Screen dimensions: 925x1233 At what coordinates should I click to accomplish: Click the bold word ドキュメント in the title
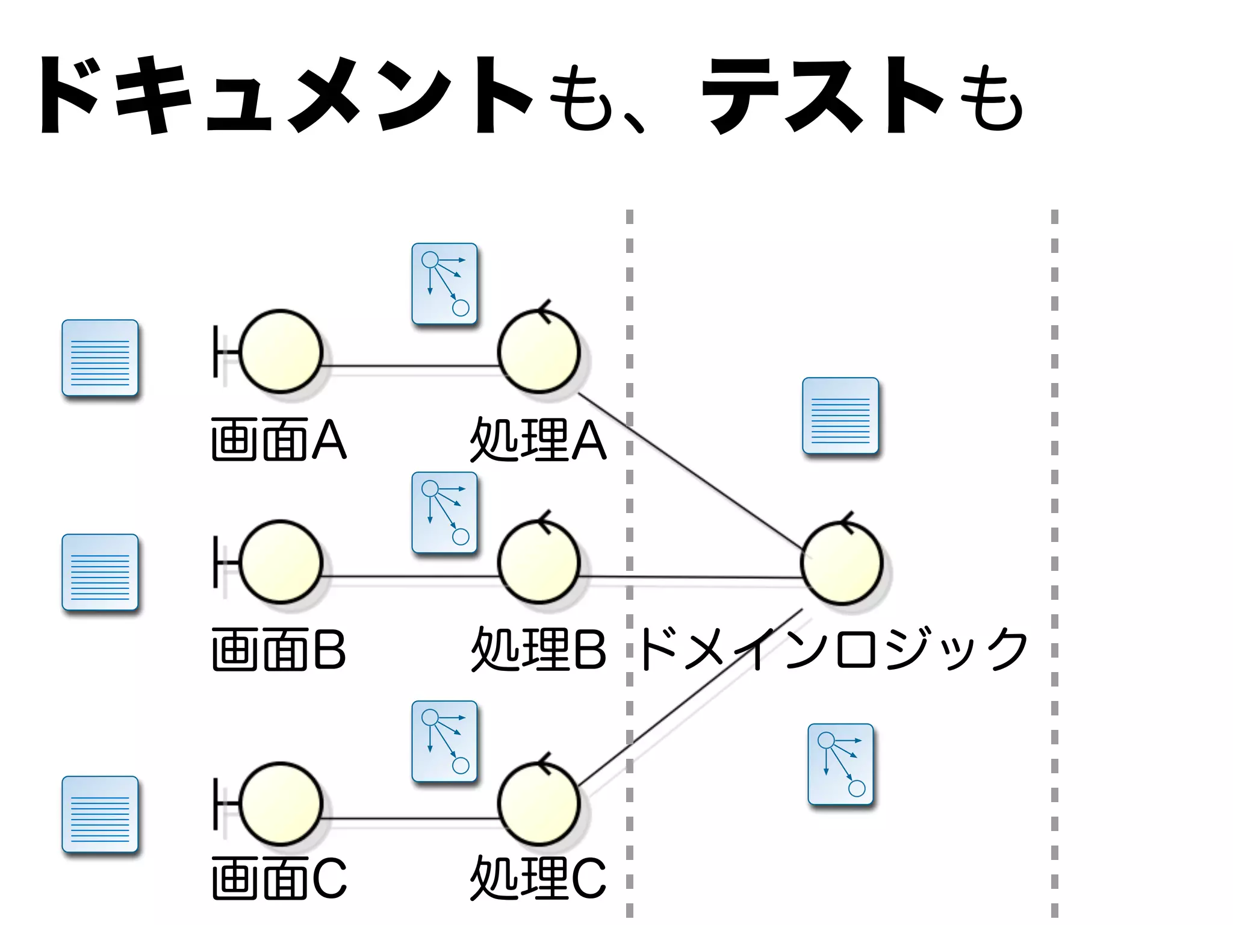pyautogui.click(x=283, y=96)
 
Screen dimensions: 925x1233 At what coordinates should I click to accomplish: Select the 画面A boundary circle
pyautogui.click(x=281, y=352)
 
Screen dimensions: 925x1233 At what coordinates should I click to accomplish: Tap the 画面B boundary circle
pyautogui.click(x=281, y=562)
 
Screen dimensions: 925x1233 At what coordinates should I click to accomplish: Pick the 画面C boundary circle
pyautogui.click(x=281, y=803)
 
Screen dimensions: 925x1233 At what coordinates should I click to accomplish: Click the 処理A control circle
pyautogui.click(x=539, y=352)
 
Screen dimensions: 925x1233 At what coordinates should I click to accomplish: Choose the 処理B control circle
pyautogui.click(x=539, y=562)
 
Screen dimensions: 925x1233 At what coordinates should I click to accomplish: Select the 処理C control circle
pyautogui.click(x=539, y=803)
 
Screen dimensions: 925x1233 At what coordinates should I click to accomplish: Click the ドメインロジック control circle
pyautogui.click(x=842, y=562)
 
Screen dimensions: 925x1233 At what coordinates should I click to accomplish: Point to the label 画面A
pyautogui.click(x=278, y=440)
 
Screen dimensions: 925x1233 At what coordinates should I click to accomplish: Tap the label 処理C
pyautogui.click(x=538, y=878)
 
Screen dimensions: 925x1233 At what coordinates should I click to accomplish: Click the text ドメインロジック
pyautogui.click(x=834, y=649)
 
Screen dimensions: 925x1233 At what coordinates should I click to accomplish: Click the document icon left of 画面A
pyautogui.click(x=100, y=358)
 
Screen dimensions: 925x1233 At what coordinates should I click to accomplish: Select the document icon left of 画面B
pyautogui.click(x=100, y=572)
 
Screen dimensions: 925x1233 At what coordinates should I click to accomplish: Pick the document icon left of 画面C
pyautogui.click(x=100, y=814)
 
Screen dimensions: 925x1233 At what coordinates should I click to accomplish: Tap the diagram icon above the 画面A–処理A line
pyautogui.click(x=444, y=284)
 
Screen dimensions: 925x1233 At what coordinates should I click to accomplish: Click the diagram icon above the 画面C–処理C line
pyautogui.click(x=444, y=741)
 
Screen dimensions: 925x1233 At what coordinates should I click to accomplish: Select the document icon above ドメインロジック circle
pyautogui.click(x=840, y=416)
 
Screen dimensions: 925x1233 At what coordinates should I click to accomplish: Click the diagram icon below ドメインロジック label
pyautogui.click(x=840, y=764)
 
